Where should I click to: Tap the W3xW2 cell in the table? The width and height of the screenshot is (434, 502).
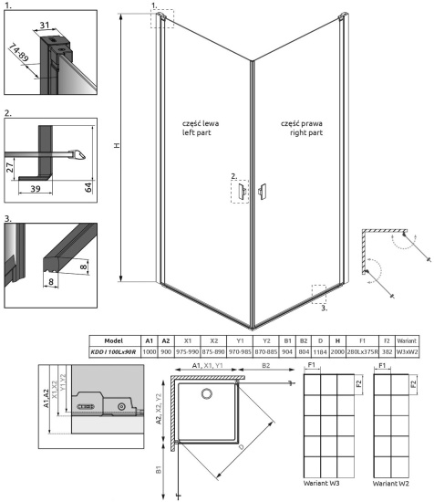pyautogui.click(x=406, y=350)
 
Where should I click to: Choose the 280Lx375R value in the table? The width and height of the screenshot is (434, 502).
pyautogui.click(x=363, y=350)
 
